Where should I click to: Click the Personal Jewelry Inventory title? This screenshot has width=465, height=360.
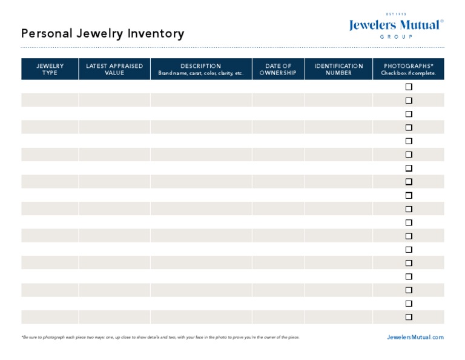[102, 34]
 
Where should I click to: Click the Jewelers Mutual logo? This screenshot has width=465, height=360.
[396, 25]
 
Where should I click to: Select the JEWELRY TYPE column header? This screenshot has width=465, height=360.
[50, 69]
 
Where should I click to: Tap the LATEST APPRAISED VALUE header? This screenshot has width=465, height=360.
[114, 69]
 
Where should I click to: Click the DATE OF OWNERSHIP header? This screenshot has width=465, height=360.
[278, 69]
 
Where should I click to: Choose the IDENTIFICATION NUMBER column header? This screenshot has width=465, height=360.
[338, 69]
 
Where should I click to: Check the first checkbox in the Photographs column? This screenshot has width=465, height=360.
[409, 87]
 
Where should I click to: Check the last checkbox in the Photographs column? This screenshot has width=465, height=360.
[409, 317]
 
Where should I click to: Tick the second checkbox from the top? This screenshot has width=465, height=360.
[409, 101]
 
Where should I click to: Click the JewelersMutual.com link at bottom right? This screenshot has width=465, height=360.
[415, 337]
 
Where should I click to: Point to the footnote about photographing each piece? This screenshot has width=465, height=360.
[160, 337]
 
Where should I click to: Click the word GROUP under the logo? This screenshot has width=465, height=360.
[396, 37]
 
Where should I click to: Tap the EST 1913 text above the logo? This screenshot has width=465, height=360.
[396, 14]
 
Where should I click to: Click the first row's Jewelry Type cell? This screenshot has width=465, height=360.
[50, 87]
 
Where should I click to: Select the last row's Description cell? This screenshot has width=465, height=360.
[201, 317]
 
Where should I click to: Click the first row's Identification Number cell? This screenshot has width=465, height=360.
[338, 87]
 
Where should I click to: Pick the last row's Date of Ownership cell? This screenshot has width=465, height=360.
[278, 317]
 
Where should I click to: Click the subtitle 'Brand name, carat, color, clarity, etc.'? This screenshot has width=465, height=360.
[201, 73]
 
